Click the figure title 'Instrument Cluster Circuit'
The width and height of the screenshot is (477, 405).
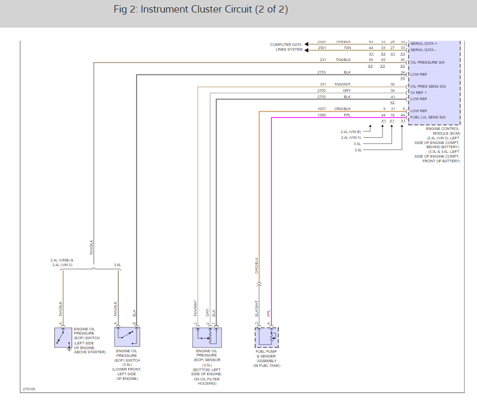coord(200,10)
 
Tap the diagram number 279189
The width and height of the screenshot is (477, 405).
coord(29,389)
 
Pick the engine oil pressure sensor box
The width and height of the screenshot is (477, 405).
coord(207,338)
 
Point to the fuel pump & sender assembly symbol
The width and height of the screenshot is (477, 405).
coord(267,338)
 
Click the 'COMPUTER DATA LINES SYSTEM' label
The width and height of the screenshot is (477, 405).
coord(286,47)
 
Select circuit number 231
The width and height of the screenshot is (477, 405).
coord(322,60)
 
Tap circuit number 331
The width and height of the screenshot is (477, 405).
coord(322,85)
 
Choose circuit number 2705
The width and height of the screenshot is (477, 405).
coord(322,90)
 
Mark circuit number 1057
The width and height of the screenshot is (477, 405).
coord(322,109)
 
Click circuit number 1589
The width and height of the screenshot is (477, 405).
coord(322,114)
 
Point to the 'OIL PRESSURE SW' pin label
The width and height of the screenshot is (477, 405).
coord(427,62)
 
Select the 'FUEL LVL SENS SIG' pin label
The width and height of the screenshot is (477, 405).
coord(428,117)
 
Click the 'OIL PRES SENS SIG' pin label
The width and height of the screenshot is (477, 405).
coord(428,86)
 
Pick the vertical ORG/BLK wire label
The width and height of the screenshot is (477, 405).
coord(257,266)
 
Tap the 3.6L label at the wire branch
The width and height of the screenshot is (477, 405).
coord(118,265)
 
